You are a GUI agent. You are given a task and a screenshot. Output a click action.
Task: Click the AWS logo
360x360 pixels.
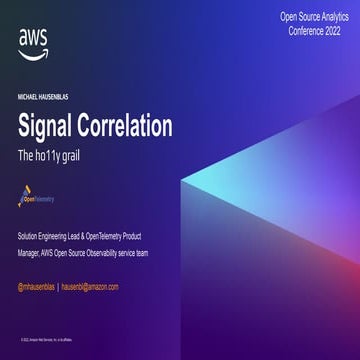pyautogui.click(x=31, y=41)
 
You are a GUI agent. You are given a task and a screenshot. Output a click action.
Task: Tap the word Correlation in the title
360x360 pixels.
pyautogui.click(x=130, y=127)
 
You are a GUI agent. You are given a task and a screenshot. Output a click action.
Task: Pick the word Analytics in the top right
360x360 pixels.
pyautogui.click(x=326, y=17)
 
